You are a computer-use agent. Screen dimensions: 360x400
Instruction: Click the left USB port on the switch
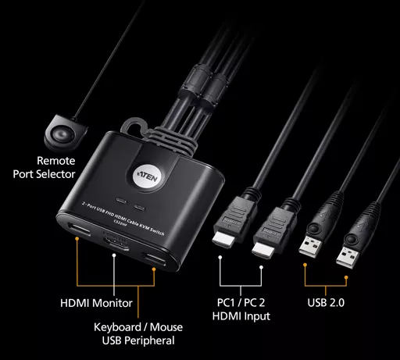(78, 231)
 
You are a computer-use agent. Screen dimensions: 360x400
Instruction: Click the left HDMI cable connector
(226, 231)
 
